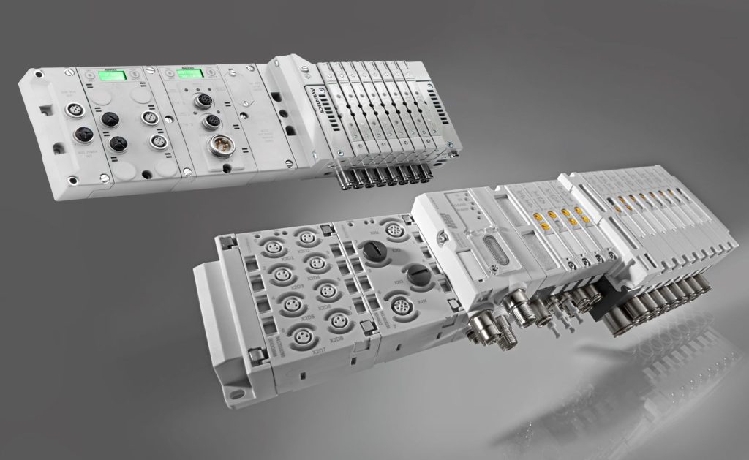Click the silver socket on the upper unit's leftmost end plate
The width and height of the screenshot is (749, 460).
[73, 110]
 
